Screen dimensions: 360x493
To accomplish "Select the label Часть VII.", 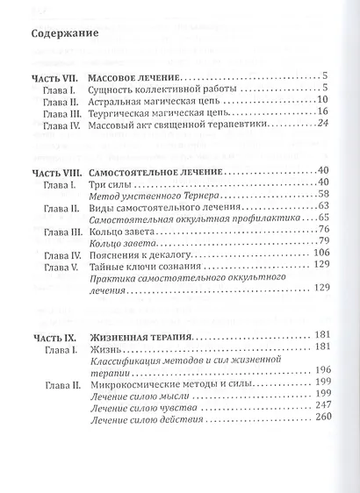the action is [x=54, y=77].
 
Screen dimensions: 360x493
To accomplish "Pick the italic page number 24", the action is [x=321, y=125].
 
